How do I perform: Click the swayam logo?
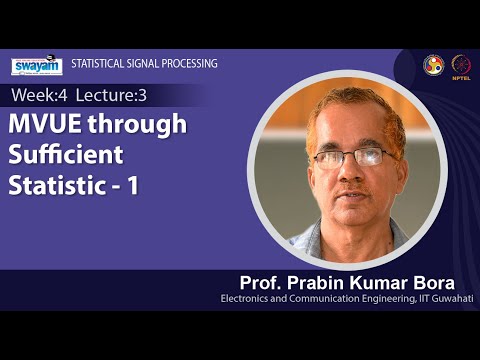click(x=36, y=65)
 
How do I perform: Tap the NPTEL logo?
click(x=461, y=64)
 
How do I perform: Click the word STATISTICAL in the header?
click(x=98, y=64)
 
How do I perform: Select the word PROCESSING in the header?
click(x=187, y=64)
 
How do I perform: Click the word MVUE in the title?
click(x=45, y=124)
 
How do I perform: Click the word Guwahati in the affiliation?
click(x=450, y=298)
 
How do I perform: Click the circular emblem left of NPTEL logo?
click(x=432, y=64)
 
